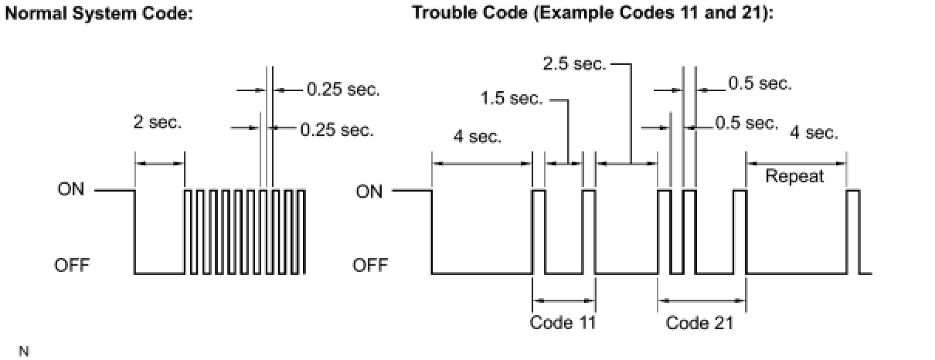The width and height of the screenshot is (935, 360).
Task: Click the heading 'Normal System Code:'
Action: click(x=98, y=15)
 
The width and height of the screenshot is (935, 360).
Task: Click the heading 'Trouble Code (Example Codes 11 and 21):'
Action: click(x=592, y=15)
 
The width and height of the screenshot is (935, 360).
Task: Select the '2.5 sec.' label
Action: click(x=573, y=64)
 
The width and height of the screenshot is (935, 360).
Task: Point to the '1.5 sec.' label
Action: click(x=511, y=99)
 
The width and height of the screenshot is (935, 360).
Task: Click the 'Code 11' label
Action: click(x=563, y=323)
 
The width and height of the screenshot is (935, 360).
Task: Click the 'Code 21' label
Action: click(x=699, y=323)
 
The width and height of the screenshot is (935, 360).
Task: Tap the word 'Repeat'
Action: click(x=794, y=176)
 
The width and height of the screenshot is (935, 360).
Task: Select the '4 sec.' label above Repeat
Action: click(x=814, y=133)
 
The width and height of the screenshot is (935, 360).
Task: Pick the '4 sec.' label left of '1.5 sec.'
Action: click(x=478, y=138)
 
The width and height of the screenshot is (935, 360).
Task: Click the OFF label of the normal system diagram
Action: click(x=72, y=267)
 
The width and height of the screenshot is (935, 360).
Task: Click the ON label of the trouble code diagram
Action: click(x=369, y=191)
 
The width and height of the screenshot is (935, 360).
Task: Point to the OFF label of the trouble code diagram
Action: click(x=370, y=267)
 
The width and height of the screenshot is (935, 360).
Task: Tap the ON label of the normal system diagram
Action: click(x=71, y=190)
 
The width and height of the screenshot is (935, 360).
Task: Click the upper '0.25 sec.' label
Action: click(x=343, y=90)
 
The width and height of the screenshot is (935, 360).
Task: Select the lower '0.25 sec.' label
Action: click(x=336, y=130)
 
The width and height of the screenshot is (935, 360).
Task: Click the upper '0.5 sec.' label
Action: click(x=760, y=83)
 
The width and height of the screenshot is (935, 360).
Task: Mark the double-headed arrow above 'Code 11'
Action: click(x=564, y=300)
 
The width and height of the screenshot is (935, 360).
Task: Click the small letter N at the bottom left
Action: click(x=23, y=352)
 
